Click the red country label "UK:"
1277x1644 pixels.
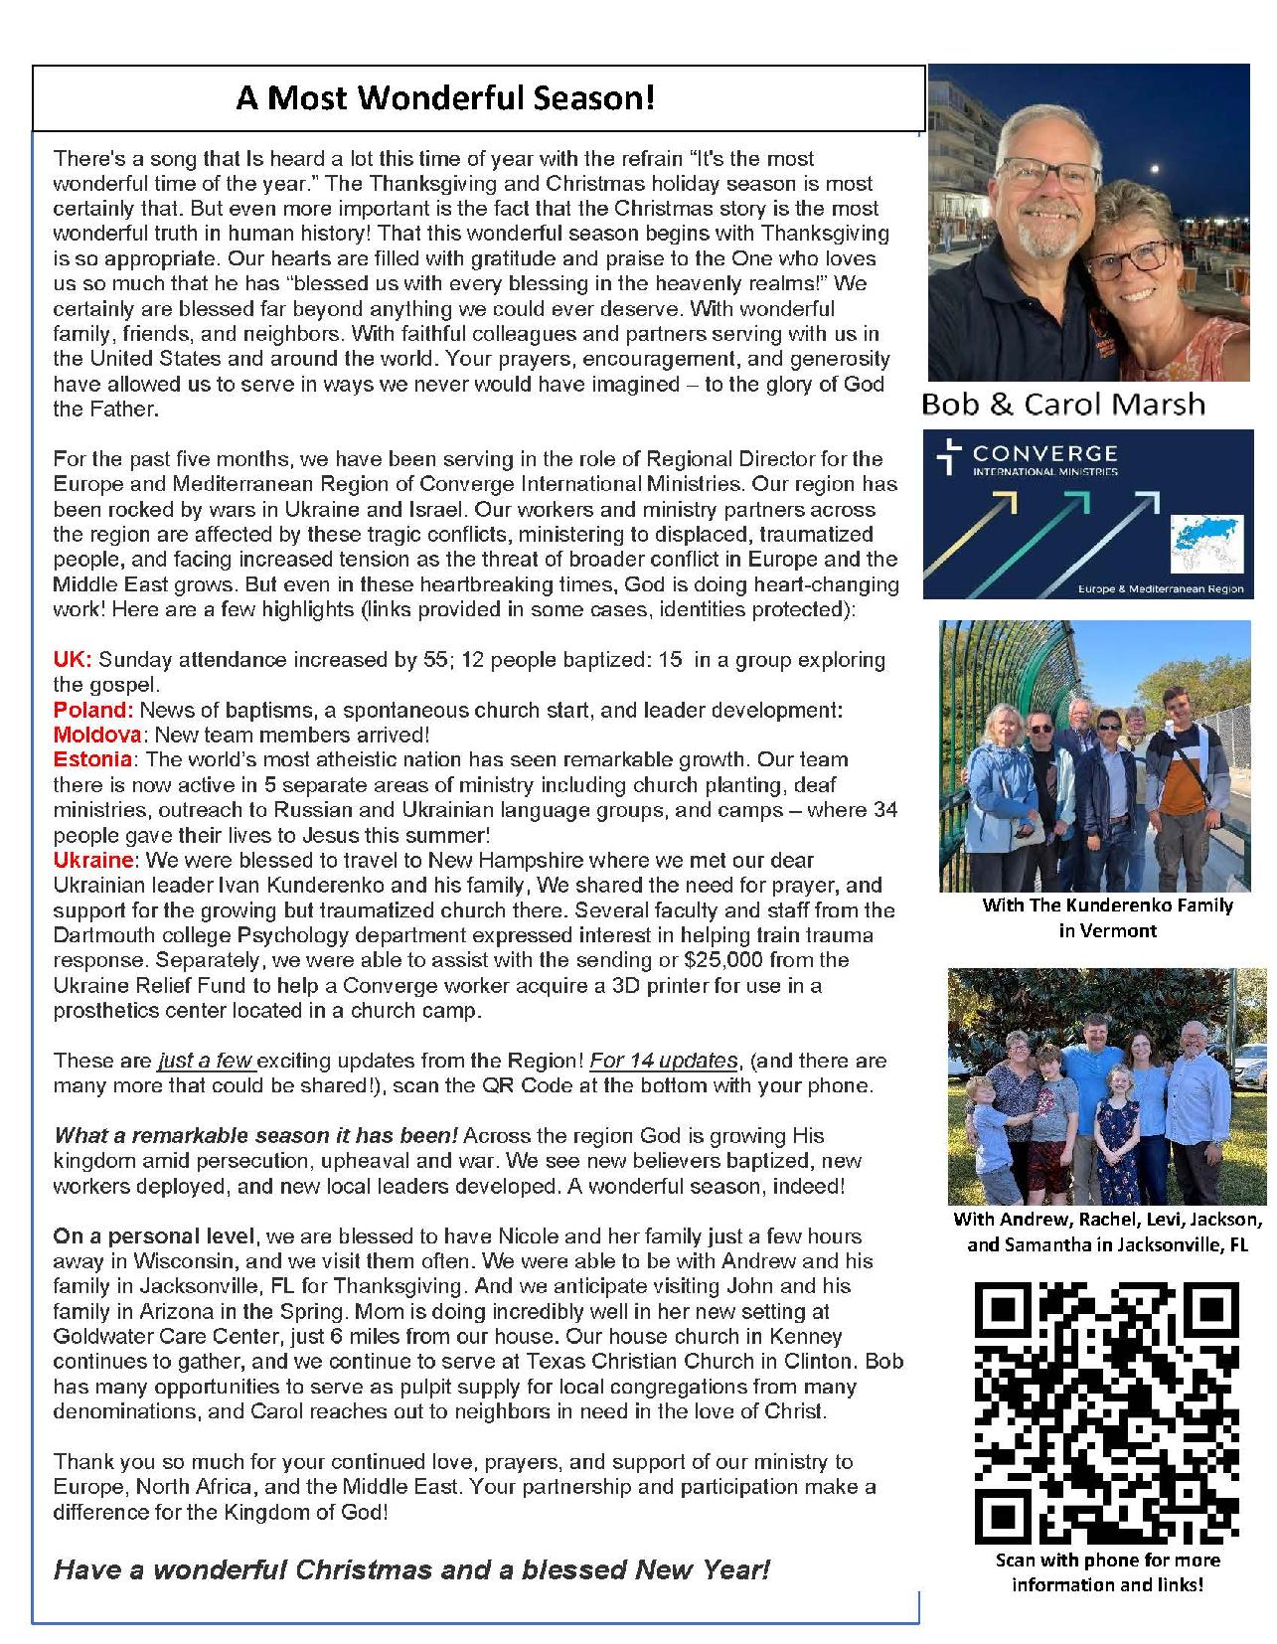(73, 660)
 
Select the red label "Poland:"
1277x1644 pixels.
(93, 710)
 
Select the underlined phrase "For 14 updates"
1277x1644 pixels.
(663, 1061)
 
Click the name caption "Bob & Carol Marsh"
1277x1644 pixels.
(1062, 404)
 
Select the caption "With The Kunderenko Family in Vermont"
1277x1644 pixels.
(1107, 917)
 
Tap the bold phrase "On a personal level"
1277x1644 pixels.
(153, 1236)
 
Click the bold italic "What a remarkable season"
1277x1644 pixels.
(255, 1135)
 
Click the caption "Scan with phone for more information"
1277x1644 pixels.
(1107, 1571)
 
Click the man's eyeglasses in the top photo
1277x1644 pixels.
(1039, 175)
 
